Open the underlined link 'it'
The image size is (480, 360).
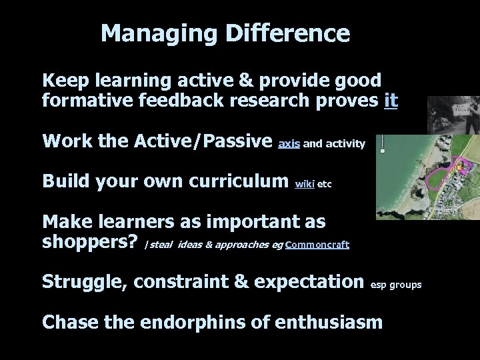[x=391, y=101]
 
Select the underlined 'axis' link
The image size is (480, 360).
[x=289, y=143]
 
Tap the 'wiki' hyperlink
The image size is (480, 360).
[x=304, y=183]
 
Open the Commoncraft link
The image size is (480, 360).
[x=317, y=245]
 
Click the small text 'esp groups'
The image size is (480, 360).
[x=396, y=285]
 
